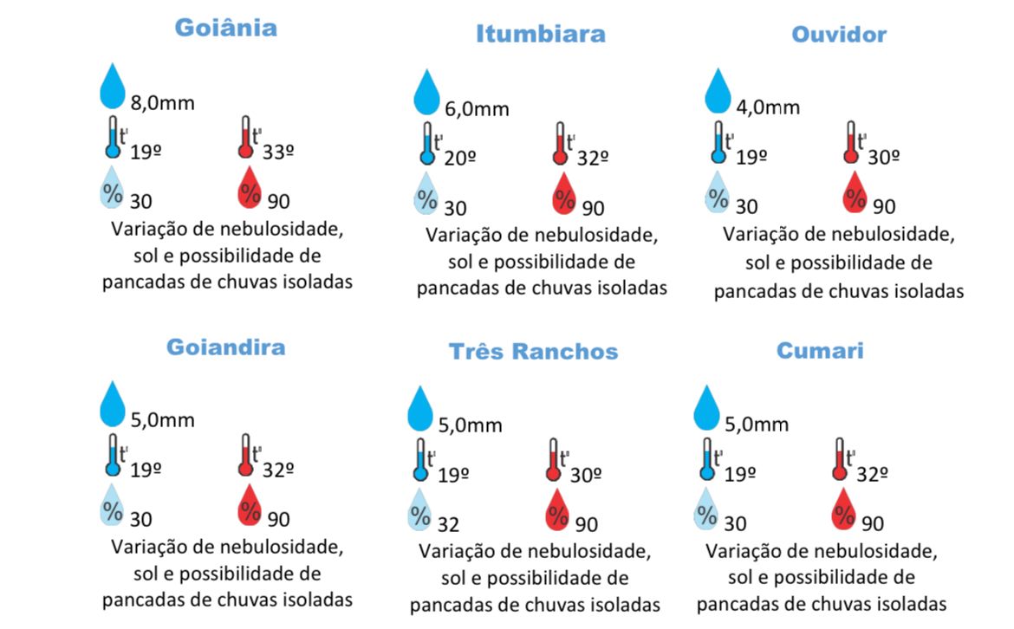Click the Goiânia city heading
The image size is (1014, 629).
225,27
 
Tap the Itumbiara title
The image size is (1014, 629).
540,34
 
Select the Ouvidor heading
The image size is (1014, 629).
838,34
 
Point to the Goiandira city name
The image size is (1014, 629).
225,347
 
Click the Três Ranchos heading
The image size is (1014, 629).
533,351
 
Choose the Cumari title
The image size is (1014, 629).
819,351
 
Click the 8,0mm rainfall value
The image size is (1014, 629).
162,103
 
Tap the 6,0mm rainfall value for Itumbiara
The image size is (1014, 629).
477,109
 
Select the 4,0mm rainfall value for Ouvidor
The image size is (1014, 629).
767,107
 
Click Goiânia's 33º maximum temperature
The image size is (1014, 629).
278,152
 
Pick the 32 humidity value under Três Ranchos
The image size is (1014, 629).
448,524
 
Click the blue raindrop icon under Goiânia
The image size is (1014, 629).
113,85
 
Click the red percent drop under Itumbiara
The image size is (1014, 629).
564,194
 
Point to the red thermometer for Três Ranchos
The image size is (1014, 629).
552,460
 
